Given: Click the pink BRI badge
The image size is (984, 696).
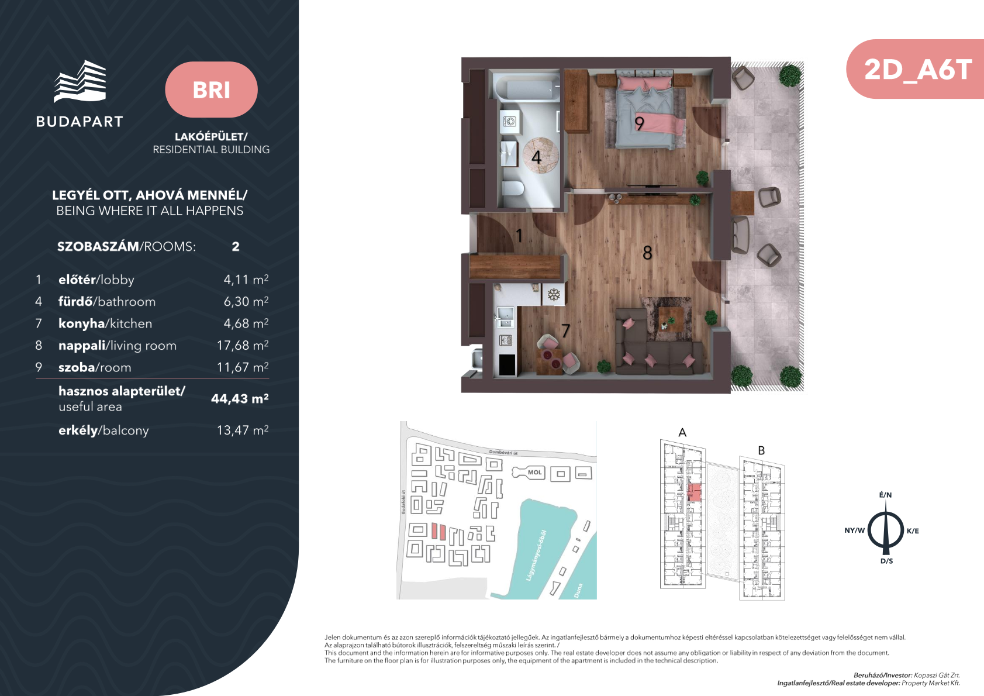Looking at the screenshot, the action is (x=211, y=89).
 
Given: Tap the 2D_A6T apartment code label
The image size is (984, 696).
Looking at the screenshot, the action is (x=918, y=70).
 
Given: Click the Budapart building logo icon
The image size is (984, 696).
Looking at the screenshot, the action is (x=80, y=81).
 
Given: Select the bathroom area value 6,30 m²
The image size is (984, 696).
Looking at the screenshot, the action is (x=246, y=301).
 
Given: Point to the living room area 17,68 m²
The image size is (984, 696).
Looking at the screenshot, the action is (x=243, y=345).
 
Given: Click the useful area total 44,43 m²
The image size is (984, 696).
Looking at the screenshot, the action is (x=240, y=398).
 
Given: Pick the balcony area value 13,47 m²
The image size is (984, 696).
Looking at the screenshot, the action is (x=243, y=430).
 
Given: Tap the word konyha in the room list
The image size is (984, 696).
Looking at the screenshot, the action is (x=81, y=324).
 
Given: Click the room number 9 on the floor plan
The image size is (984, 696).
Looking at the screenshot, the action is (x=639, y=123).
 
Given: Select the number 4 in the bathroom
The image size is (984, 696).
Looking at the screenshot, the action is (x=536, y=157).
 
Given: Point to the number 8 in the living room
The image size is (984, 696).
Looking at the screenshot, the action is (x=647, y=253).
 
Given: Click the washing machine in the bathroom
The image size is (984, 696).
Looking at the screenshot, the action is (x=510, y=121).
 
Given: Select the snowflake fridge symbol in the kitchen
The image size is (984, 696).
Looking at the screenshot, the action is (x=554, y=294).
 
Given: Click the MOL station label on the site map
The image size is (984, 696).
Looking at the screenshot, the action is (x=534, y=473).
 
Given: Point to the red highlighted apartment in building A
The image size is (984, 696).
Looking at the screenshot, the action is (x=694, y=492).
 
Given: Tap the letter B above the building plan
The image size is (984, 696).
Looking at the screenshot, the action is (x=761, y=450).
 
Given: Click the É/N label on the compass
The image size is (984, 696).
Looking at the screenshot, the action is (x=885, y=495).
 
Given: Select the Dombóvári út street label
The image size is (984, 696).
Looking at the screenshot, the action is (x=503, y=453).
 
